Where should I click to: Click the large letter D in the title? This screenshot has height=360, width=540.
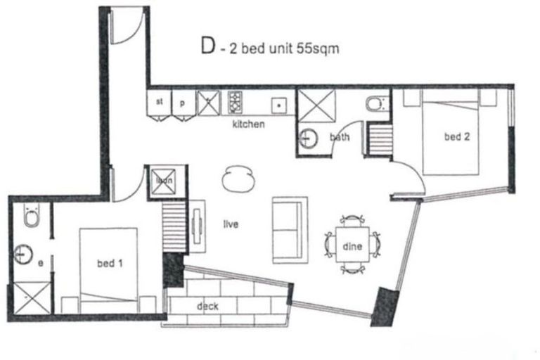click(207, 47)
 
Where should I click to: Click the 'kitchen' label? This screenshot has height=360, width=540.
click(249, 124)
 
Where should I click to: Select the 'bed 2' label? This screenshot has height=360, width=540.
click(456, 137)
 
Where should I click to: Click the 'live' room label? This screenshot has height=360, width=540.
click(230, 225)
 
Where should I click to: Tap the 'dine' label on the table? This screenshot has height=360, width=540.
click(352, 247)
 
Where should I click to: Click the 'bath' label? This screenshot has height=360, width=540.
click(340, 138)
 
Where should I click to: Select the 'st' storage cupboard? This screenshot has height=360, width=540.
click(160, 103)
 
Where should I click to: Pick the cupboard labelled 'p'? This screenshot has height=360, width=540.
click(182, 103)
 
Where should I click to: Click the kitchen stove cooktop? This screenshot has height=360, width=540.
click(234, 103)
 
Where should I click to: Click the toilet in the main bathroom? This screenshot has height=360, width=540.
click(374, 104)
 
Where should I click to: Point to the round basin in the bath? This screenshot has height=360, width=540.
click(308, 138)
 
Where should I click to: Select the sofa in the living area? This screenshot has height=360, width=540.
click(290, 230)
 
